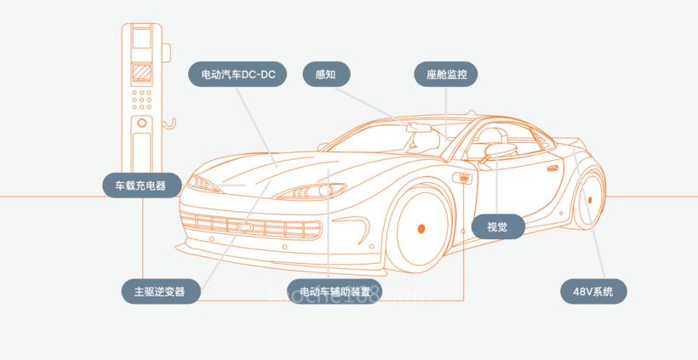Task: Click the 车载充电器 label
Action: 142,185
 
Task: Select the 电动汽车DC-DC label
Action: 237,75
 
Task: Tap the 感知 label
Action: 326,74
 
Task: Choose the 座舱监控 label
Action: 447,75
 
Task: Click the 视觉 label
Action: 498,226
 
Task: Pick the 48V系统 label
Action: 593,291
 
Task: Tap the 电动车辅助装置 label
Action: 334,291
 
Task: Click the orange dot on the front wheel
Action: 421,228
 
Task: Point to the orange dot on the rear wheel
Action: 589,202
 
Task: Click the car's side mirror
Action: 495,153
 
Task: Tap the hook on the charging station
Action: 170,126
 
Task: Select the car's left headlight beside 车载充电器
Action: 205,183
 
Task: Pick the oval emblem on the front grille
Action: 245,227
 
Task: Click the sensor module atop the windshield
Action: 421,129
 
